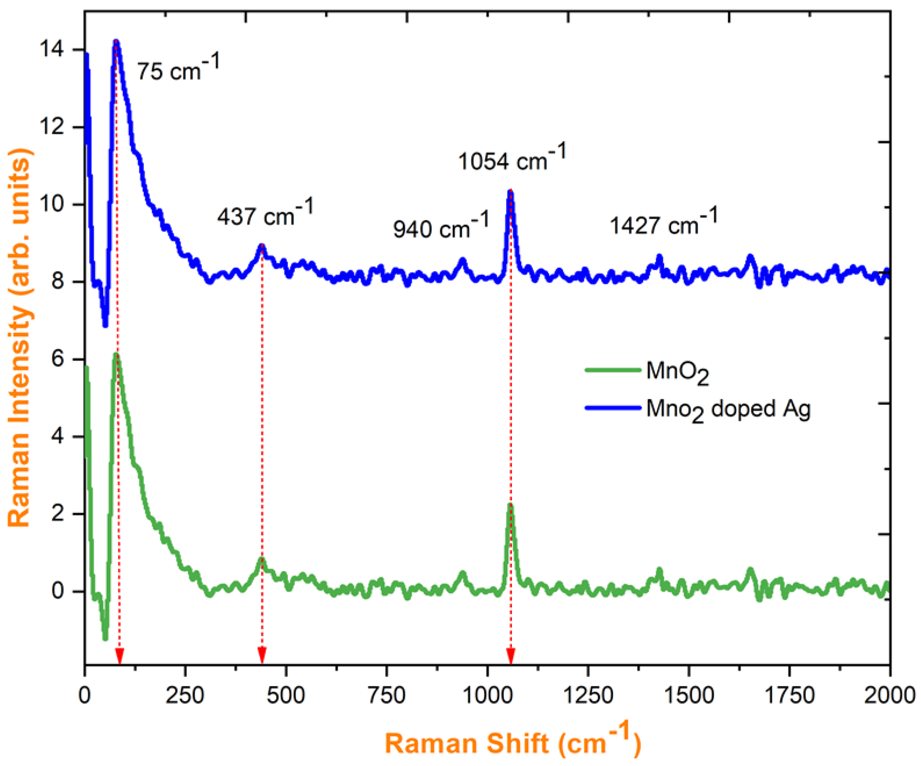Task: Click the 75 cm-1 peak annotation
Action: pos(178,69)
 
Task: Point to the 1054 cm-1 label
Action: pos(512,158)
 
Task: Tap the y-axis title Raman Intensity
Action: pos(20,338)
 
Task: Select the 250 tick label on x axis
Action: pos(185,695)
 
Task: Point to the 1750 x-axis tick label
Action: pos(789,695)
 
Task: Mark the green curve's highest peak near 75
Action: pos(116,355)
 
